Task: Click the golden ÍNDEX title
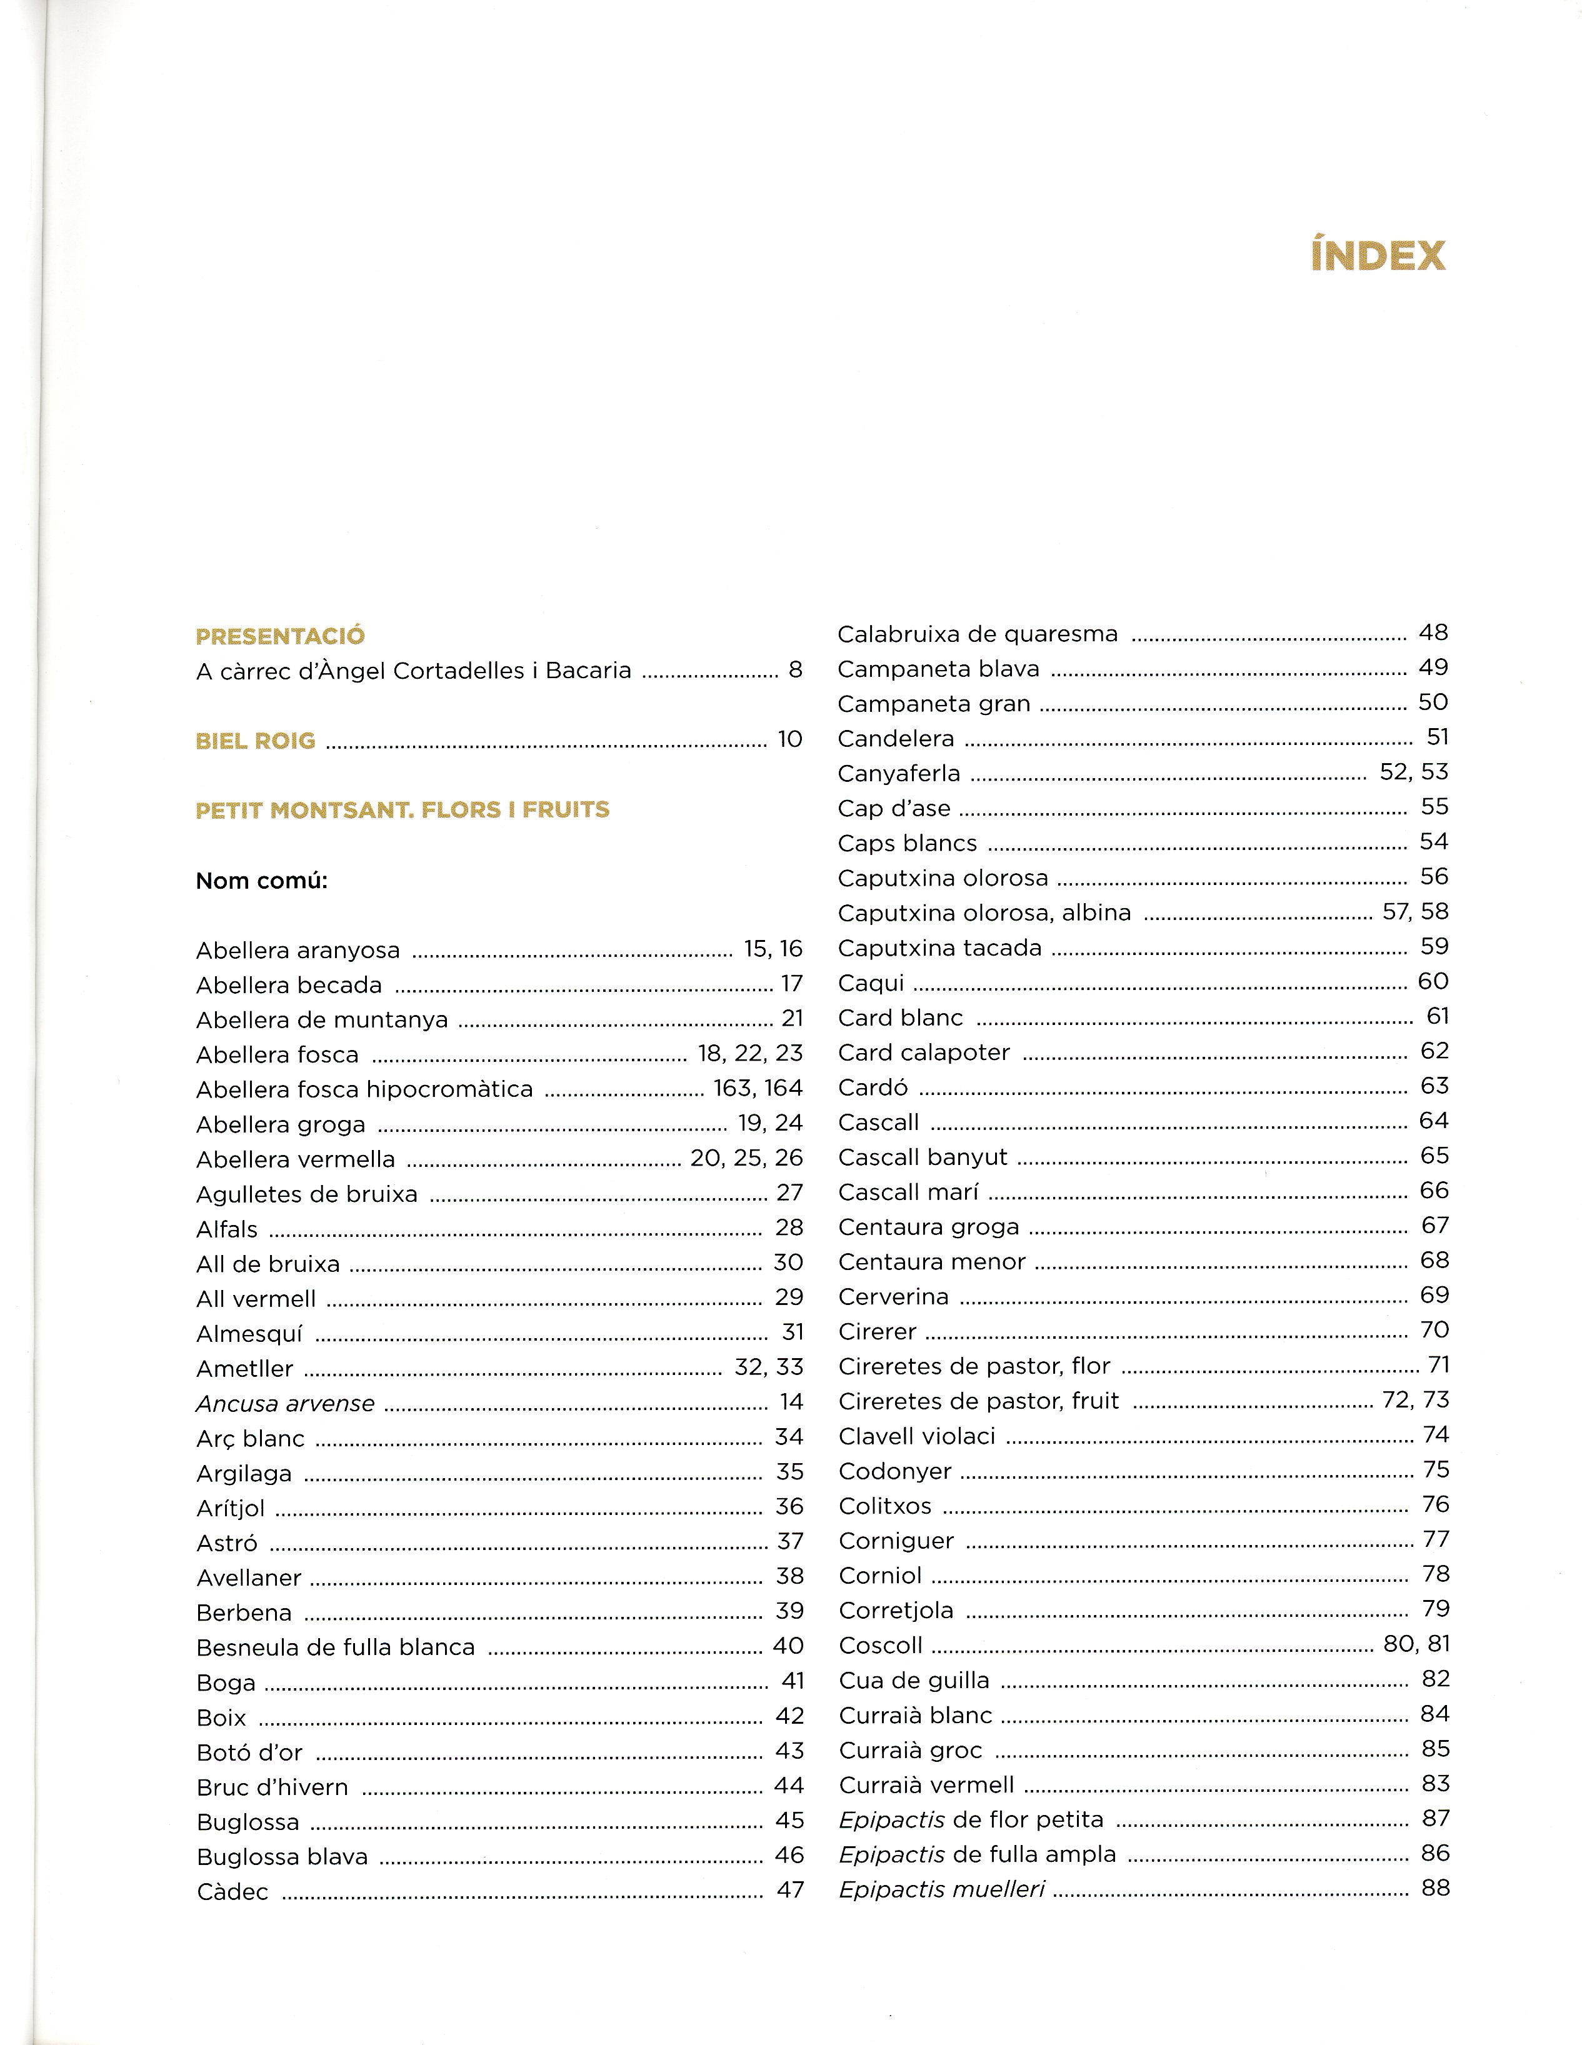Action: click(1378, 255)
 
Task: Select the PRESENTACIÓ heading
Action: click(280, 637)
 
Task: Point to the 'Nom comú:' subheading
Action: click(261, 881)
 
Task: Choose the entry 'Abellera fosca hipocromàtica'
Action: click(364, 1089)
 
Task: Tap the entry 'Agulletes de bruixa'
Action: click(306, 1194)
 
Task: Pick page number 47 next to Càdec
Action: click(789, 1891)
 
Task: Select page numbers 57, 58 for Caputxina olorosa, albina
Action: click(1414, 911)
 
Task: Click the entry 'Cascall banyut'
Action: click(923, 1157)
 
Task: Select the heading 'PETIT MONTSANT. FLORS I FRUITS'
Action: click(402, 810)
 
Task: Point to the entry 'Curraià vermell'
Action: click(926, 1785)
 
